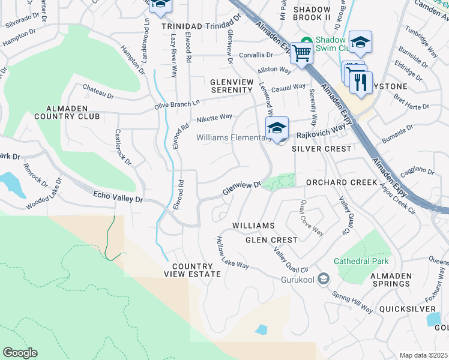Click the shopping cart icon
tap(302, 53)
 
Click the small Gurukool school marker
tap(324, 278)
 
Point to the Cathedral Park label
tap(362, 261)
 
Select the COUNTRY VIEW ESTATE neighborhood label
tap(192, 270)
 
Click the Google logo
tap(20, 353)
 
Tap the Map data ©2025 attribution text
tap(423, 355)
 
